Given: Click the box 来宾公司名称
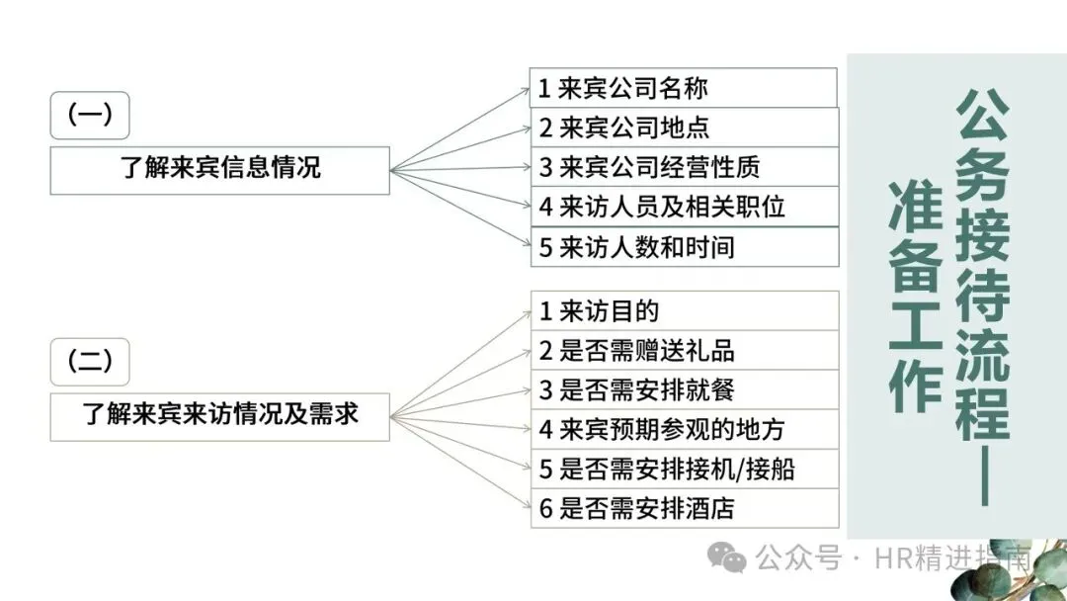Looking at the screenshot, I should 683,88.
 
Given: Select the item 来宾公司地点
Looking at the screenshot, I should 684,128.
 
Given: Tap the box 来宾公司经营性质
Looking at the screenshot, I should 684,167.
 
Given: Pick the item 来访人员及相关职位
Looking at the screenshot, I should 684,207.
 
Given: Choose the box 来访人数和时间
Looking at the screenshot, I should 684,247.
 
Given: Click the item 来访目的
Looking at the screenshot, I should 684,310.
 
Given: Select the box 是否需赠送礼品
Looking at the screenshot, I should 684,350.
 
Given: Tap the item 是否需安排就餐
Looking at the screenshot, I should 684,389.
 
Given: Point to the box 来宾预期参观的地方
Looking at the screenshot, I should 684,429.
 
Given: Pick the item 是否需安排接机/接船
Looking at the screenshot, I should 684,469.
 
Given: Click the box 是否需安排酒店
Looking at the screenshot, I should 684,508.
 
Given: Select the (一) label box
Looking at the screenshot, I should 90,115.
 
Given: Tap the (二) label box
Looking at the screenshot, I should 90,361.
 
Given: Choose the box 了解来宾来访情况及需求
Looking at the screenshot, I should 220,416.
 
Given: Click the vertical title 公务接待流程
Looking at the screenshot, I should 981,267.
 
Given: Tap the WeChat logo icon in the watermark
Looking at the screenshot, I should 731,560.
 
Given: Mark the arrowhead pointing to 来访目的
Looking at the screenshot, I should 527,312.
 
